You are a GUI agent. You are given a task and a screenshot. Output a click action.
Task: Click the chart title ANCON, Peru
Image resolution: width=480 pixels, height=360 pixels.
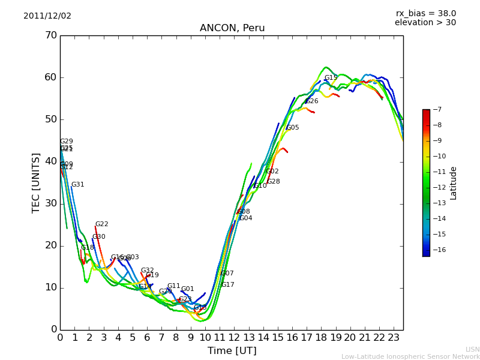pyautogui.click(x=232, y=28)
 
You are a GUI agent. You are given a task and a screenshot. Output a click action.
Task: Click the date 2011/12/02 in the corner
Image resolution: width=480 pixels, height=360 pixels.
pyautogui.click(x=47, y=16)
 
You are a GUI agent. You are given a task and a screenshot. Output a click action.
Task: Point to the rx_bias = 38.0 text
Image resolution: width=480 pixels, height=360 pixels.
pyautogui.click(x=425, y=14)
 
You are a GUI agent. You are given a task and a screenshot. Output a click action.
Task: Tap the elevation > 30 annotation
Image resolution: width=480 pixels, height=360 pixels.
pyautogui.click(x=425, y=23)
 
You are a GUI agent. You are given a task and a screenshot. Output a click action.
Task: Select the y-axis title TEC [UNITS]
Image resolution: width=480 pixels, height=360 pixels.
pyautogui.click(x=36, y=182)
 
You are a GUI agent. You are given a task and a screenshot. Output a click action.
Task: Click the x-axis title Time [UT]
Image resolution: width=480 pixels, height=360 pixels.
pyautogui.click(x=232, y=351)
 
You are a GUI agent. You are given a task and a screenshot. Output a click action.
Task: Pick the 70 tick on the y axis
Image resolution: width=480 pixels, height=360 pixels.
pyautogui.click(x=50, y=35)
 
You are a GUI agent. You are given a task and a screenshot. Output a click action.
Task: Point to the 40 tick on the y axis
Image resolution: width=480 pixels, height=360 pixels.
pyautogui.click(x=50, y=161)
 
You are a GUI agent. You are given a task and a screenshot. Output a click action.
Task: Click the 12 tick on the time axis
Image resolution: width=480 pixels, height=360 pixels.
pyautogui.click(x=234, y=337)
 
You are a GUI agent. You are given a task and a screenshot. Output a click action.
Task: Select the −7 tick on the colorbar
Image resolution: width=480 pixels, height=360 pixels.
pyautogui.click(x=437, y=110)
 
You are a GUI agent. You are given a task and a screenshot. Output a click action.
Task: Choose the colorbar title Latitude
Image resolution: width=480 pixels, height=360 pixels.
pyautogui.click(x=454, y=183)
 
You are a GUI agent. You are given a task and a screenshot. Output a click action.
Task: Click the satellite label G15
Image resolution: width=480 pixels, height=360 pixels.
pyautogui.click(x=331, y=78)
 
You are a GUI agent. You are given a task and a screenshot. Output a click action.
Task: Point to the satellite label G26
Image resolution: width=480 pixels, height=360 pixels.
pyautogui.click(x=312, y=101)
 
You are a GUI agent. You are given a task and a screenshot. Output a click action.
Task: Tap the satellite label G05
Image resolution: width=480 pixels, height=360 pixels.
pyautogui.click(x=292, y=128)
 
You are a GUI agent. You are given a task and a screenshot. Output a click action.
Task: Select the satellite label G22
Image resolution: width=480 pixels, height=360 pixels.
pyautogui.click(x=102, y=224)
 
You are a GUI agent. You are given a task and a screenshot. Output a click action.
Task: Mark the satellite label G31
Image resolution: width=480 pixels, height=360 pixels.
pyautogui.click(x=78, y=185)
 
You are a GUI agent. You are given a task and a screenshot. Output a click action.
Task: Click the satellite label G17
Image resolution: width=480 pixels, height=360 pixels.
pyautogui.click(x=228, y=285)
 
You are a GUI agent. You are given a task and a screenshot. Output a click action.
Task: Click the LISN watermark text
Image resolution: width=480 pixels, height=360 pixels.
pyautogui.click(x=472, y=349)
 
